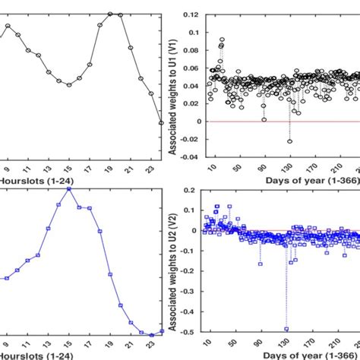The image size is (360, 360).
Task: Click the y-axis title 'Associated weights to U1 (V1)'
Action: [175, 85]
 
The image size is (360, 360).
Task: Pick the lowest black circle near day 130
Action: [289, 141]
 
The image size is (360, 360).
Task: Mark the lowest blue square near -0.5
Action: [287, 329]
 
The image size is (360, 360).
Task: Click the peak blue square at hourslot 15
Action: [69, 188]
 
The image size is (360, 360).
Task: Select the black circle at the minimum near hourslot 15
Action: [69, 85]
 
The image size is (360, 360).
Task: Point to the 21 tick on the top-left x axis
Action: [131, 168]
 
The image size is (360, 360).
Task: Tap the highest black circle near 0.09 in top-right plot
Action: [222, 39]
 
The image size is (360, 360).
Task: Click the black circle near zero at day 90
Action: [264, 119]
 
